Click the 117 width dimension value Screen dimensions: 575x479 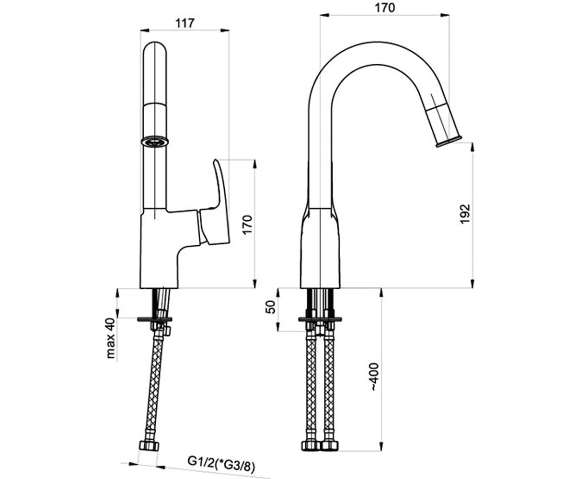185,23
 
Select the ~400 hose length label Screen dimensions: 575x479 375,377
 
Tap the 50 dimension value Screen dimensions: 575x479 271,307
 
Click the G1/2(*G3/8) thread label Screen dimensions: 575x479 221,461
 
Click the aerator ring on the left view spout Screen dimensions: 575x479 155,141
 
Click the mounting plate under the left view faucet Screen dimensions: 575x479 155,319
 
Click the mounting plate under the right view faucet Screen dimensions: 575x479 320,319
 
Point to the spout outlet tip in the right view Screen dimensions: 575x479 449,141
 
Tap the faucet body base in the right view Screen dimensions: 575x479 320,248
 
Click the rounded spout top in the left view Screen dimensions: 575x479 155,49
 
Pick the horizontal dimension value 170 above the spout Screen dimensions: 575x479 384,8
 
